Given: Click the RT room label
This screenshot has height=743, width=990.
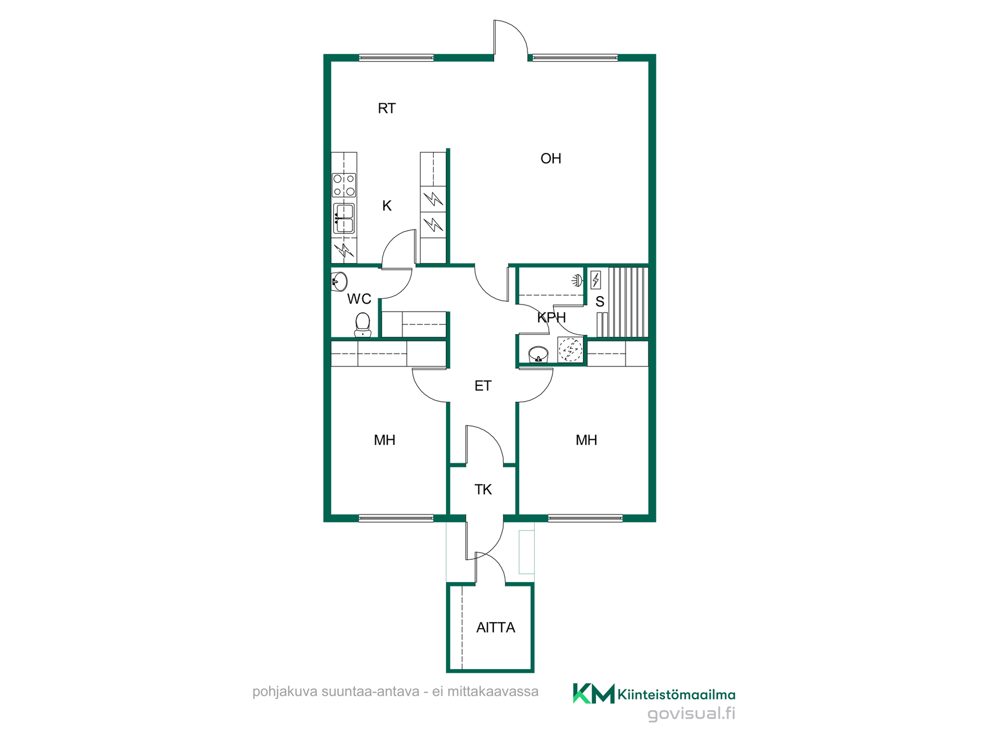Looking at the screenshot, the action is [x=387, y=108].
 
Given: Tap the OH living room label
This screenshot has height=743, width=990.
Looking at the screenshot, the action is [x=551, y=158].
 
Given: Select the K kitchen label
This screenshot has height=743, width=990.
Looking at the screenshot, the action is [x=387, y=206].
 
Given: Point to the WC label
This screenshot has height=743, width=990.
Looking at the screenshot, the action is [x=359, y=299].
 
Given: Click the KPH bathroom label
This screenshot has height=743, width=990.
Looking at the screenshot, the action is [x=552, y=317].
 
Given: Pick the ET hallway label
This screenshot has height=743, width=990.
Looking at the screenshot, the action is [x=483, y=386].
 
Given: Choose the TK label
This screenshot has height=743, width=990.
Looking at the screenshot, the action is [x=483, y=490].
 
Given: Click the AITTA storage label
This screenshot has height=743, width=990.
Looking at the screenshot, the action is [x=496, y=627].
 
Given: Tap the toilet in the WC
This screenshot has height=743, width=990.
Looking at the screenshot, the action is [x=363, y=325].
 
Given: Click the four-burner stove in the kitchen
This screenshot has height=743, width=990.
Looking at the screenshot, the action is [x=344, y=185].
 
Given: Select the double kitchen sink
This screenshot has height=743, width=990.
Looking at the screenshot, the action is [x=344, y=219].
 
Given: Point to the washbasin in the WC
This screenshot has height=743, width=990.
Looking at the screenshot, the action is [x=339, y=282].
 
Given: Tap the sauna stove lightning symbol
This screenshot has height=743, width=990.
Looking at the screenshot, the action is [x=596, y=280].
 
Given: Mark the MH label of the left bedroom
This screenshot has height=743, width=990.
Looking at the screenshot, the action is [x=385, y=440].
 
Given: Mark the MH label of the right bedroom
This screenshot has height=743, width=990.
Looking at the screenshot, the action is [x=586, y=440].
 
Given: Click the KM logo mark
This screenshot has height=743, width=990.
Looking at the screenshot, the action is [x=593, y=693].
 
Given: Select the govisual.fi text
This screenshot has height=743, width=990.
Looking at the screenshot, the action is [x=691, y=714].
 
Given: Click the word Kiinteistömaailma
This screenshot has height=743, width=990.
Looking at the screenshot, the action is [x=676, y=695].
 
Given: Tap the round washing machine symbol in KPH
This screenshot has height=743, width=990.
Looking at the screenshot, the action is [x=570, y=350].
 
